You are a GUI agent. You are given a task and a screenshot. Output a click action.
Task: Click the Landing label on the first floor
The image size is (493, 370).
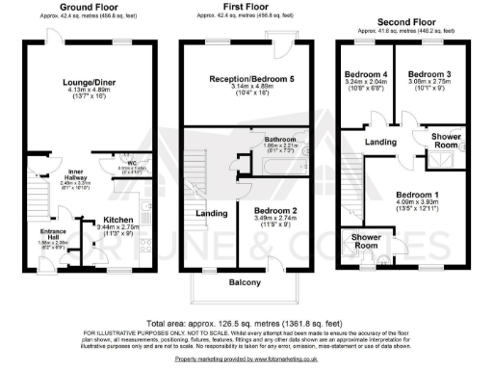coord(211,213)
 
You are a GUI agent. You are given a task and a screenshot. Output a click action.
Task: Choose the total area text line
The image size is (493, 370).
coord(246,323)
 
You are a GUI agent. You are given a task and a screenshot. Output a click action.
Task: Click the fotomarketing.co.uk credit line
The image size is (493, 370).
coord(246,358)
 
